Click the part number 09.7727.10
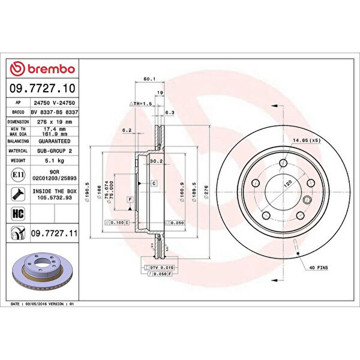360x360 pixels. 42,88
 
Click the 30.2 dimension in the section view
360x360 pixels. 156,161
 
